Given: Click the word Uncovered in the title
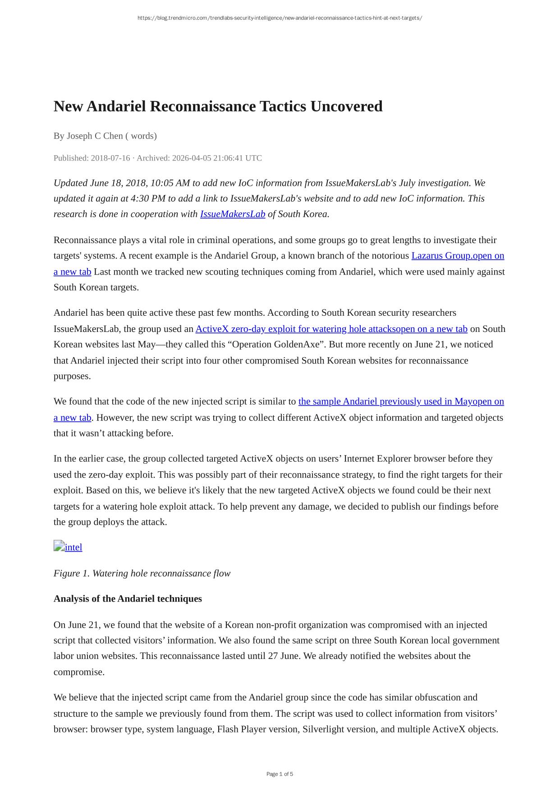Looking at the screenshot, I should (346, 106).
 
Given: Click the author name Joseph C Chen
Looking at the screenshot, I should (95, 136).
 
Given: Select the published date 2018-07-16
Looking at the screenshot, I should (110, 158).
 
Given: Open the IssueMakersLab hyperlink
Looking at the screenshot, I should (233, 214).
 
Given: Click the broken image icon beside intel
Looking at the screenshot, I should (59, 546).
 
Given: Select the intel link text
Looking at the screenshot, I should (73, 547).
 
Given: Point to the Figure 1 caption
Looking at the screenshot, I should (142, 573).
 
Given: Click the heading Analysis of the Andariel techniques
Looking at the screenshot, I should (128, 599).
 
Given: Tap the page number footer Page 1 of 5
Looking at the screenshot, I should (280, 774).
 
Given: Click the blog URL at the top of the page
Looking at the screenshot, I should (280, 18).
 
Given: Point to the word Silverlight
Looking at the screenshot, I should (324, 729).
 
